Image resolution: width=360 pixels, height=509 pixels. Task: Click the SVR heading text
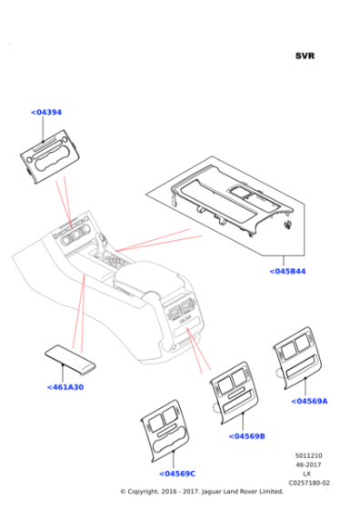tap(305, 55)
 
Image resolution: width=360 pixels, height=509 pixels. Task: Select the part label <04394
tap(46, 113)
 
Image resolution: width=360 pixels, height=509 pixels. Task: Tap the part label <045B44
tap(287, 272)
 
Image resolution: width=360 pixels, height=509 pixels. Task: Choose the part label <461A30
tap(65, 387)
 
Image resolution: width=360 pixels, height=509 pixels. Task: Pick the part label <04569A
tap(309, 401)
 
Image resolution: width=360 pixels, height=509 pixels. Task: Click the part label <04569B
tap(246, 436)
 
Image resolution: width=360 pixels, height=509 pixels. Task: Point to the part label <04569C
tap(177, 474)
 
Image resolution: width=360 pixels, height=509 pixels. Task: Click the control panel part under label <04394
tap(50, 156)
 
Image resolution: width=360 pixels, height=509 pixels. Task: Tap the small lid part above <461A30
tap(70, 358)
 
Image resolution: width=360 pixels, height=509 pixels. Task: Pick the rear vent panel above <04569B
tap(234, 393)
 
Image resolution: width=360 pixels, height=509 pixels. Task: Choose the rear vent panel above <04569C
tap(165, 431)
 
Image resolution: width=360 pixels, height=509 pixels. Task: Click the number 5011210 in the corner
tap(308, 455)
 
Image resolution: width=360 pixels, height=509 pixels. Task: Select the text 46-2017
tap(308, 464)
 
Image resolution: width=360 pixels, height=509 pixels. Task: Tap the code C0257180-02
tap(308, 483)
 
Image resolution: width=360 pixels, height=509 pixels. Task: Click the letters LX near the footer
tap(306, 474)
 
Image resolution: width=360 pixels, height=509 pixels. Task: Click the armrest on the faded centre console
tap(146, 276)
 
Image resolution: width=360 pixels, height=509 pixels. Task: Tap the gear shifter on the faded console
tap(102, 242)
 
